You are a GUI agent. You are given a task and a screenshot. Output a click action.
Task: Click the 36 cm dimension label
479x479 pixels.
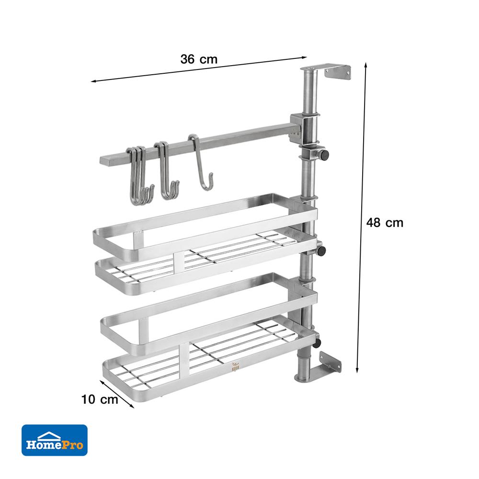coord(199,59)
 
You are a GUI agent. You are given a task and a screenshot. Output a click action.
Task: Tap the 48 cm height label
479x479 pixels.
coord(385,222)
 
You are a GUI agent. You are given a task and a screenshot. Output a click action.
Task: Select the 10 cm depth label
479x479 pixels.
coord(100,399)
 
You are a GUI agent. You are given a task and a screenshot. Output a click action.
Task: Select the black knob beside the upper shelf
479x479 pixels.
coord(321,251)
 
